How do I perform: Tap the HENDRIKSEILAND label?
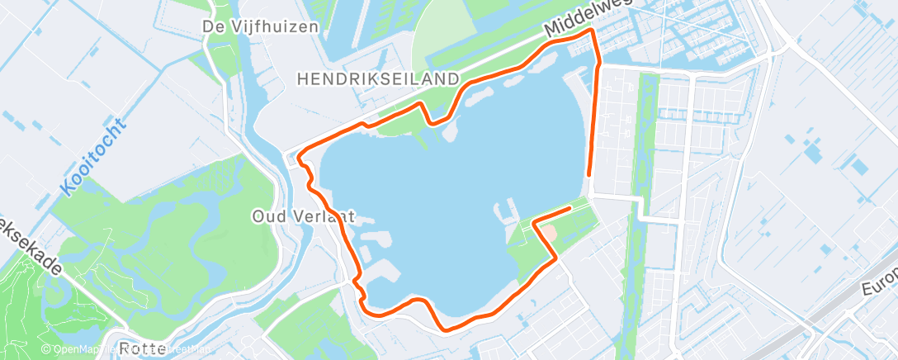377,78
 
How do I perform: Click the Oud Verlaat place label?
303,216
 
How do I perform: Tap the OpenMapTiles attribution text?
78,349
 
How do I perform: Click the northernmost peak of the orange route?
592,30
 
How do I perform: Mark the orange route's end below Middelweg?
588,174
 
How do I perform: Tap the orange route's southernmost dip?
447,329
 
